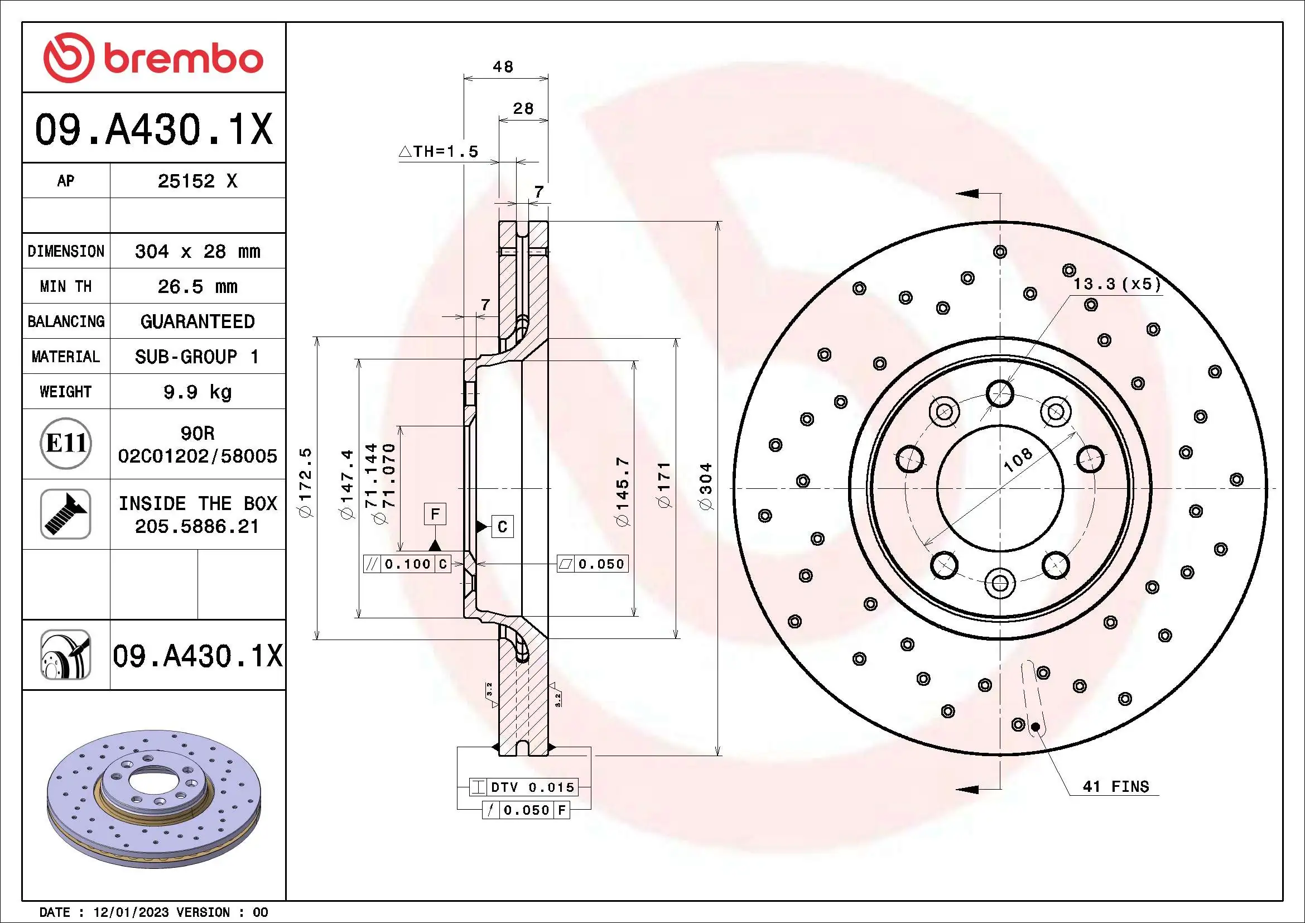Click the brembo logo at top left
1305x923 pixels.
(153, 58)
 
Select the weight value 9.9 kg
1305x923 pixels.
(197, 392)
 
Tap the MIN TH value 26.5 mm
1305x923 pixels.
(197, 286)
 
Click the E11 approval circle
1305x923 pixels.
(66, 443)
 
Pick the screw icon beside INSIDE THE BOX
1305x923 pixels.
(66, 514)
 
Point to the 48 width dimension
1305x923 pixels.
(503, 67)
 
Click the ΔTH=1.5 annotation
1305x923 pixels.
(439, 152)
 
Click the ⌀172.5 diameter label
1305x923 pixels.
(306, 483)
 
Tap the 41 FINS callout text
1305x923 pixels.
(1116, 787)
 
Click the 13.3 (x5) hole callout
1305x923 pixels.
(1116, 284)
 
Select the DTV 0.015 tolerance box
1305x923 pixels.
(523, 787)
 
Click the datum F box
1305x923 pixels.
(435, 514)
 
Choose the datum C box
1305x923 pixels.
(502, 526)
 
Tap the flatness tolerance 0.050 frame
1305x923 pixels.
(593, 564)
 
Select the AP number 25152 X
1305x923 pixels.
(197, 181)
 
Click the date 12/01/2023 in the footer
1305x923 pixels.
(131, 912)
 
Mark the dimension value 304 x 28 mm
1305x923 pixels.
(197, 251)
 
